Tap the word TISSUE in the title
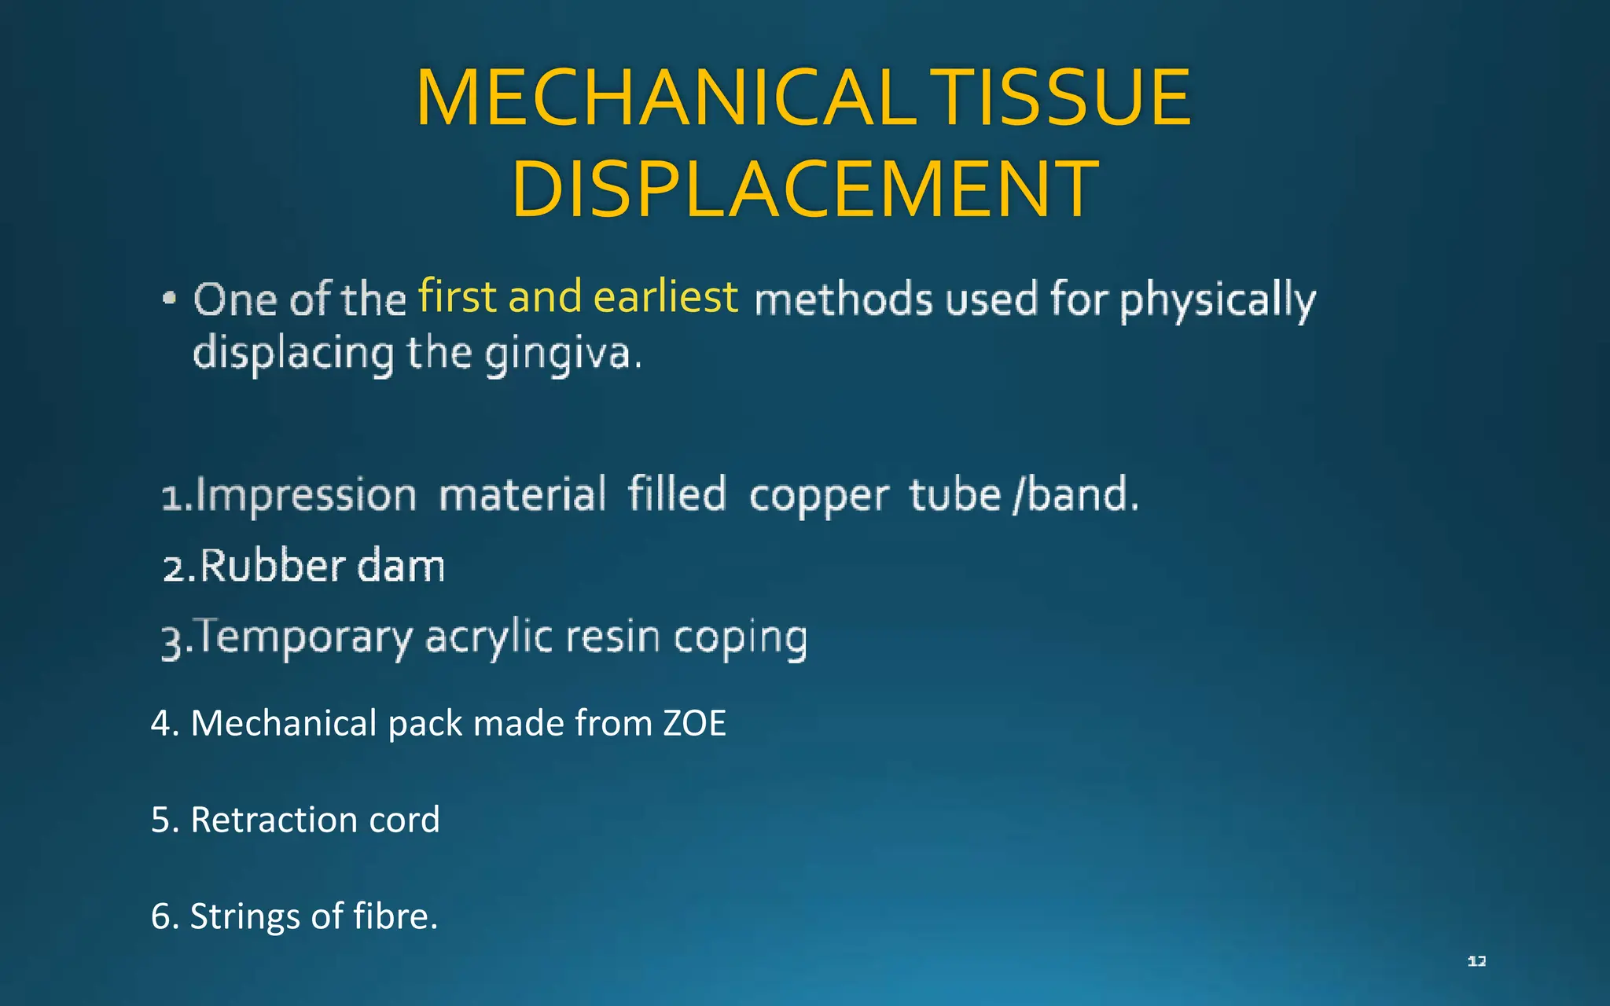coord(1065,98)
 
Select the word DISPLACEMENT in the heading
coord(804,189)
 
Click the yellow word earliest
coord(665,297)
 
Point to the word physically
coord(1218,301)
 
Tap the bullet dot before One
coord(169,299)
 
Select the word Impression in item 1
coord(306,496)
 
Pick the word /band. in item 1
coord(1075,495)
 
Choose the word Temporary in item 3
coord(304,637)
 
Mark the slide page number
coord(1476,961)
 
